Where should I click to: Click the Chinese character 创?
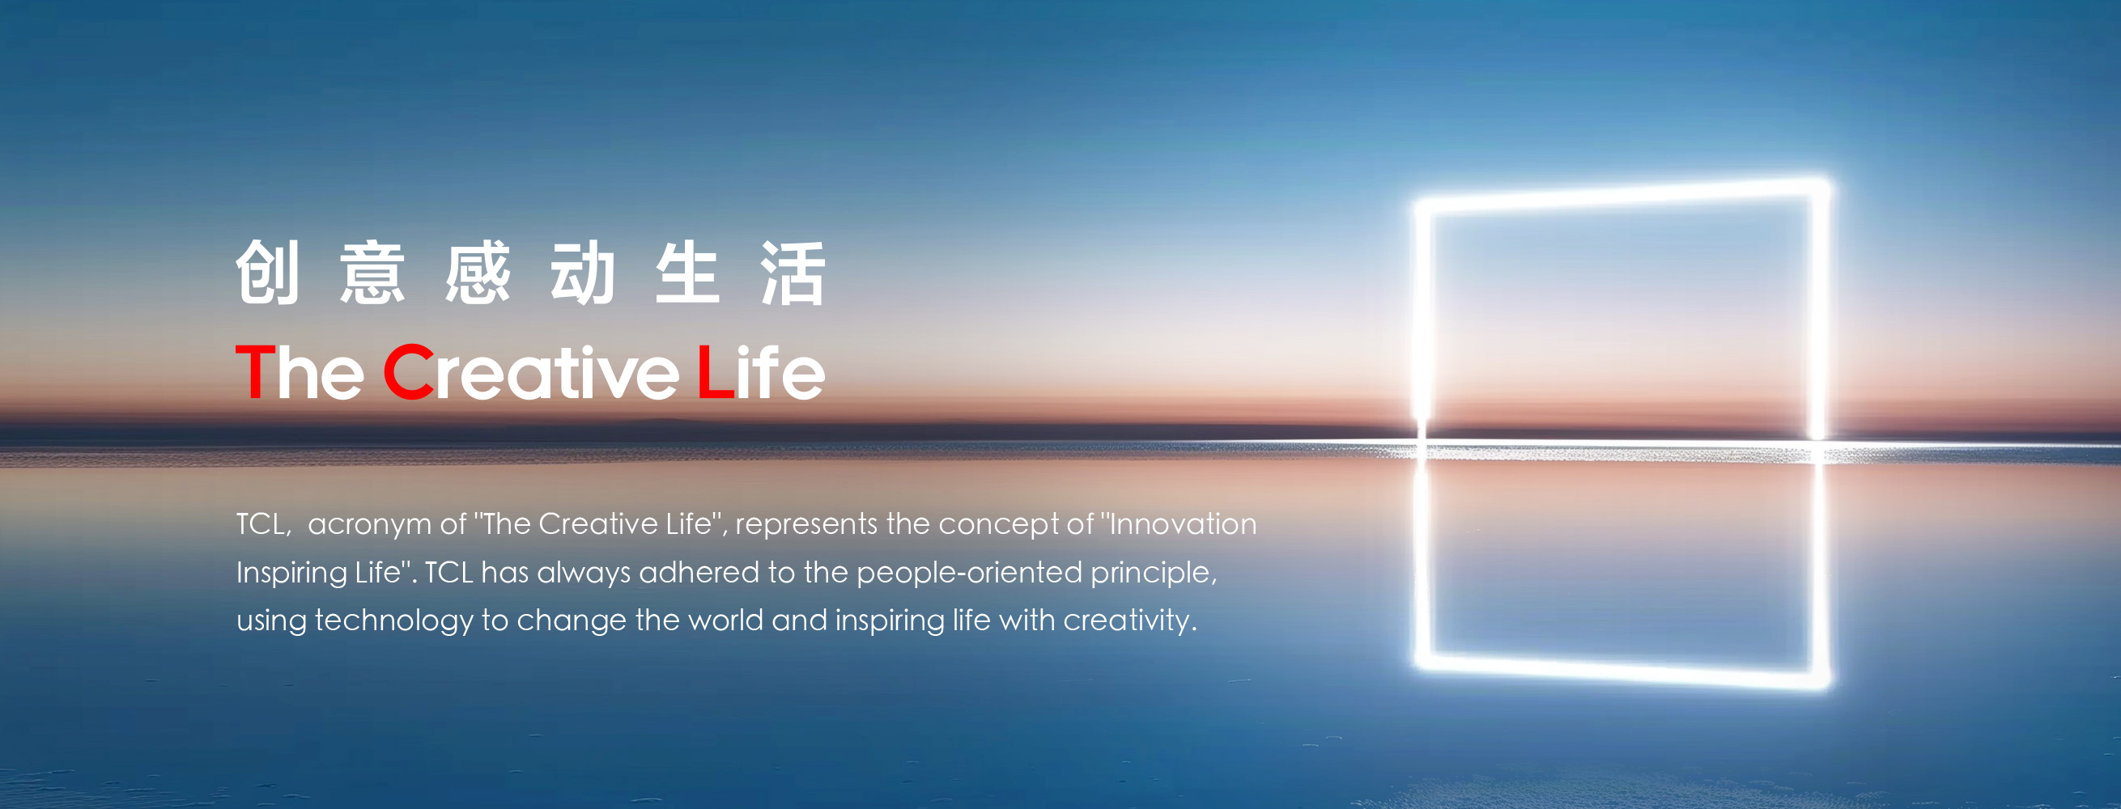(268, 273)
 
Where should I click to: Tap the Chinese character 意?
(372, 273)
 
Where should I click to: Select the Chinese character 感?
(478, 273)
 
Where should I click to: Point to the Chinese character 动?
(583, 273)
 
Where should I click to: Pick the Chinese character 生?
(688, 273)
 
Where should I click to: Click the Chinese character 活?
(793, 273)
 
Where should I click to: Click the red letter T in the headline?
(255, 372)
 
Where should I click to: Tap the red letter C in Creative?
(409, 372)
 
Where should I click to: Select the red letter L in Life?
(716, 372)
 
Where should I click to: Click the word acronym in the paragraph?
(370, 525)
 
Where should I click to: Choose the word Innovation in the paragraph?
(1184, 523)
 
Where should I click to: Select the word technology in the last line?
(394, 621)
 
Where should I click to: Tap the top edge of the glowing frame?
(1622, 194)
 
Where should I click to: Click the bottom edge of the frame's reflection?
(1622, 671)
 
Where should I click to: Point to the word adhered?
(699, 572)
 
